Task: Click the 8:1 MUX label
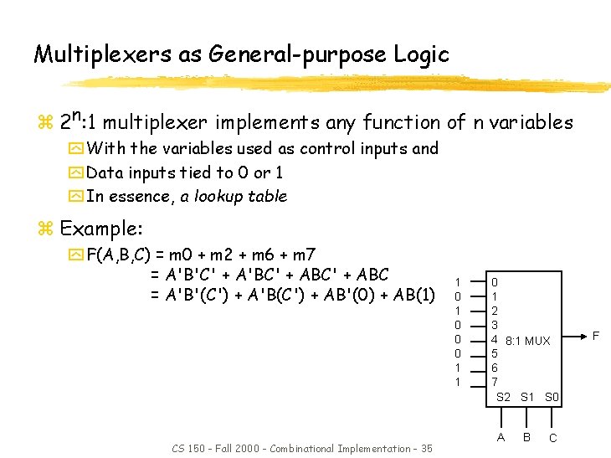[526, 341]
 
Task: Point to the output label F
[596, 336]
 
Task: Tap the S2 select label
[504, 396]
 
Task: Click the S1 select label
[527, 396]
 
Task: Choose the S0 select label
[552, 396]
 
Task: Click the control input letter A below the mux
[501, 436]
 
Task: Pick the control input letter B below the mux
[526, 436]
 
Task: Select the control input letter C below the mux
[552, 438]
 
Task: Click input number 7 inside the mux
[495, 381]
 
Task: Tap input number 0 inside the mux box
[495, 283]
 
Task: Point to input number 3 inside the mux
[495, 325]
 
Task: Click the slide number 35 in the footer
[426, 449]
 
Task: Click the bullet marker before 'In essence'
[77, 197]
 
